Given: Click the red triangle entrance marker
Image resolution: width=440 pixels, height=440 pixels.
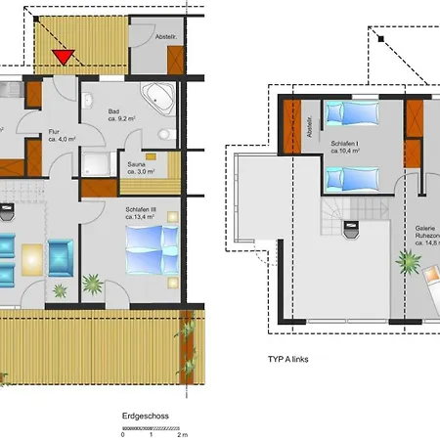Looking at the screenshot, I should (x=63, y=57).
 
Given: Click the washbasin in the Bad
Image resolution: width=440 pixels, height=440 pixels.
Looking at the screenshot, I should (x=87, y=99).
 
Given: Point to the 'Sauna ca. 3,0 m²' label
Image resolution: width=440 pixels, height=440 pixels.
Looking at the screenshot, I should (x=143, y=168).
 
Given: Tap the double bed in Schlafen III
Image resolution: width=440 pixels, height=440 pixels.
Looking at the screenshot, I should (x=148, y=245).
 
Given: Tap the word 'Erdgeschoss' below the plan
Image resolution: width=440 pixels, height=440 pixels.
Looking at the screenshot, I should (x=146, y=416).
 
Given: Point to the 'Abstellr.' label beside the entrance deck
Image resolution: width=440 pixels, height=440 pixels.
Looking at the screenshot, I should (x=167, y=36).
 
